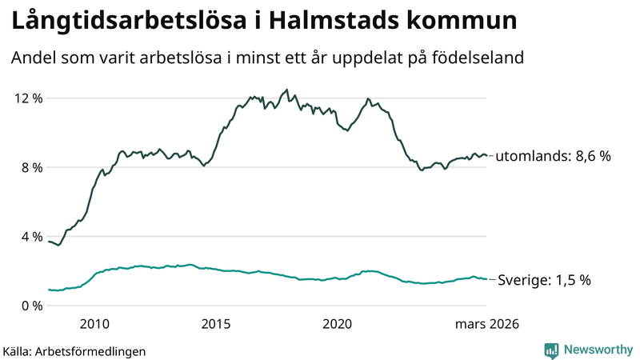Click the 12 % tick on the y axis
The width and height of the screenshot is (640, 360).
[28, 98]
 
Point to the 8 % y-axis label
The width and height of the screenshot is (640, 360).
[31, 167]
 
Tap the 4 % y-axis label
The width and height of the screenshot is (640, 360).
[31, 237]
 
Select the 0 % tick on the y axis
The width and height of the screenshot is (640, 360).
[31, 306]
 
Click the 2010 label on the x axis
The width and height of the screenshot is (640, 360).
[94, 324]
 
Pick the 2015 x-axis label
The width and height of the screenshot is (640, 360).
[216, 324]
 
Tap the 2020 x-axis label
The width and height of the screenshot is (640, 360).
[338, 324]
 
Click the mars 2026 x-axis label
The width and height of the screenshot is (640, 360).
[487, 324]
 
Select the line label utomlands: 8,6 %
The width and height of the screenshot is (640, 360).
[554, 157]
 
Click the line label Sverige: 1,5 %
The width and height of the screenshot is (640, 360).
[544, 280]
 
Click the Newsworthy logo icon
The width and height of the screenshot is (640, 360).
[551, 350]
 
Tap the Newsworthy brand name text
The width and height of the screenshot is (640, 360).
[596, 350]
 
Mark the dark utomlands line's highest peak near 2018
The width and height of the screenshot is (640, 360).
[286, 90]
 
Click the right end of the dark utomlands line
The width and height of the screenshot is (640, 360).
[486, 156]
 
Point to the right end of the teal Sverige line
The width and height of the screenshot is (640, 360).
[486, 279]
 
